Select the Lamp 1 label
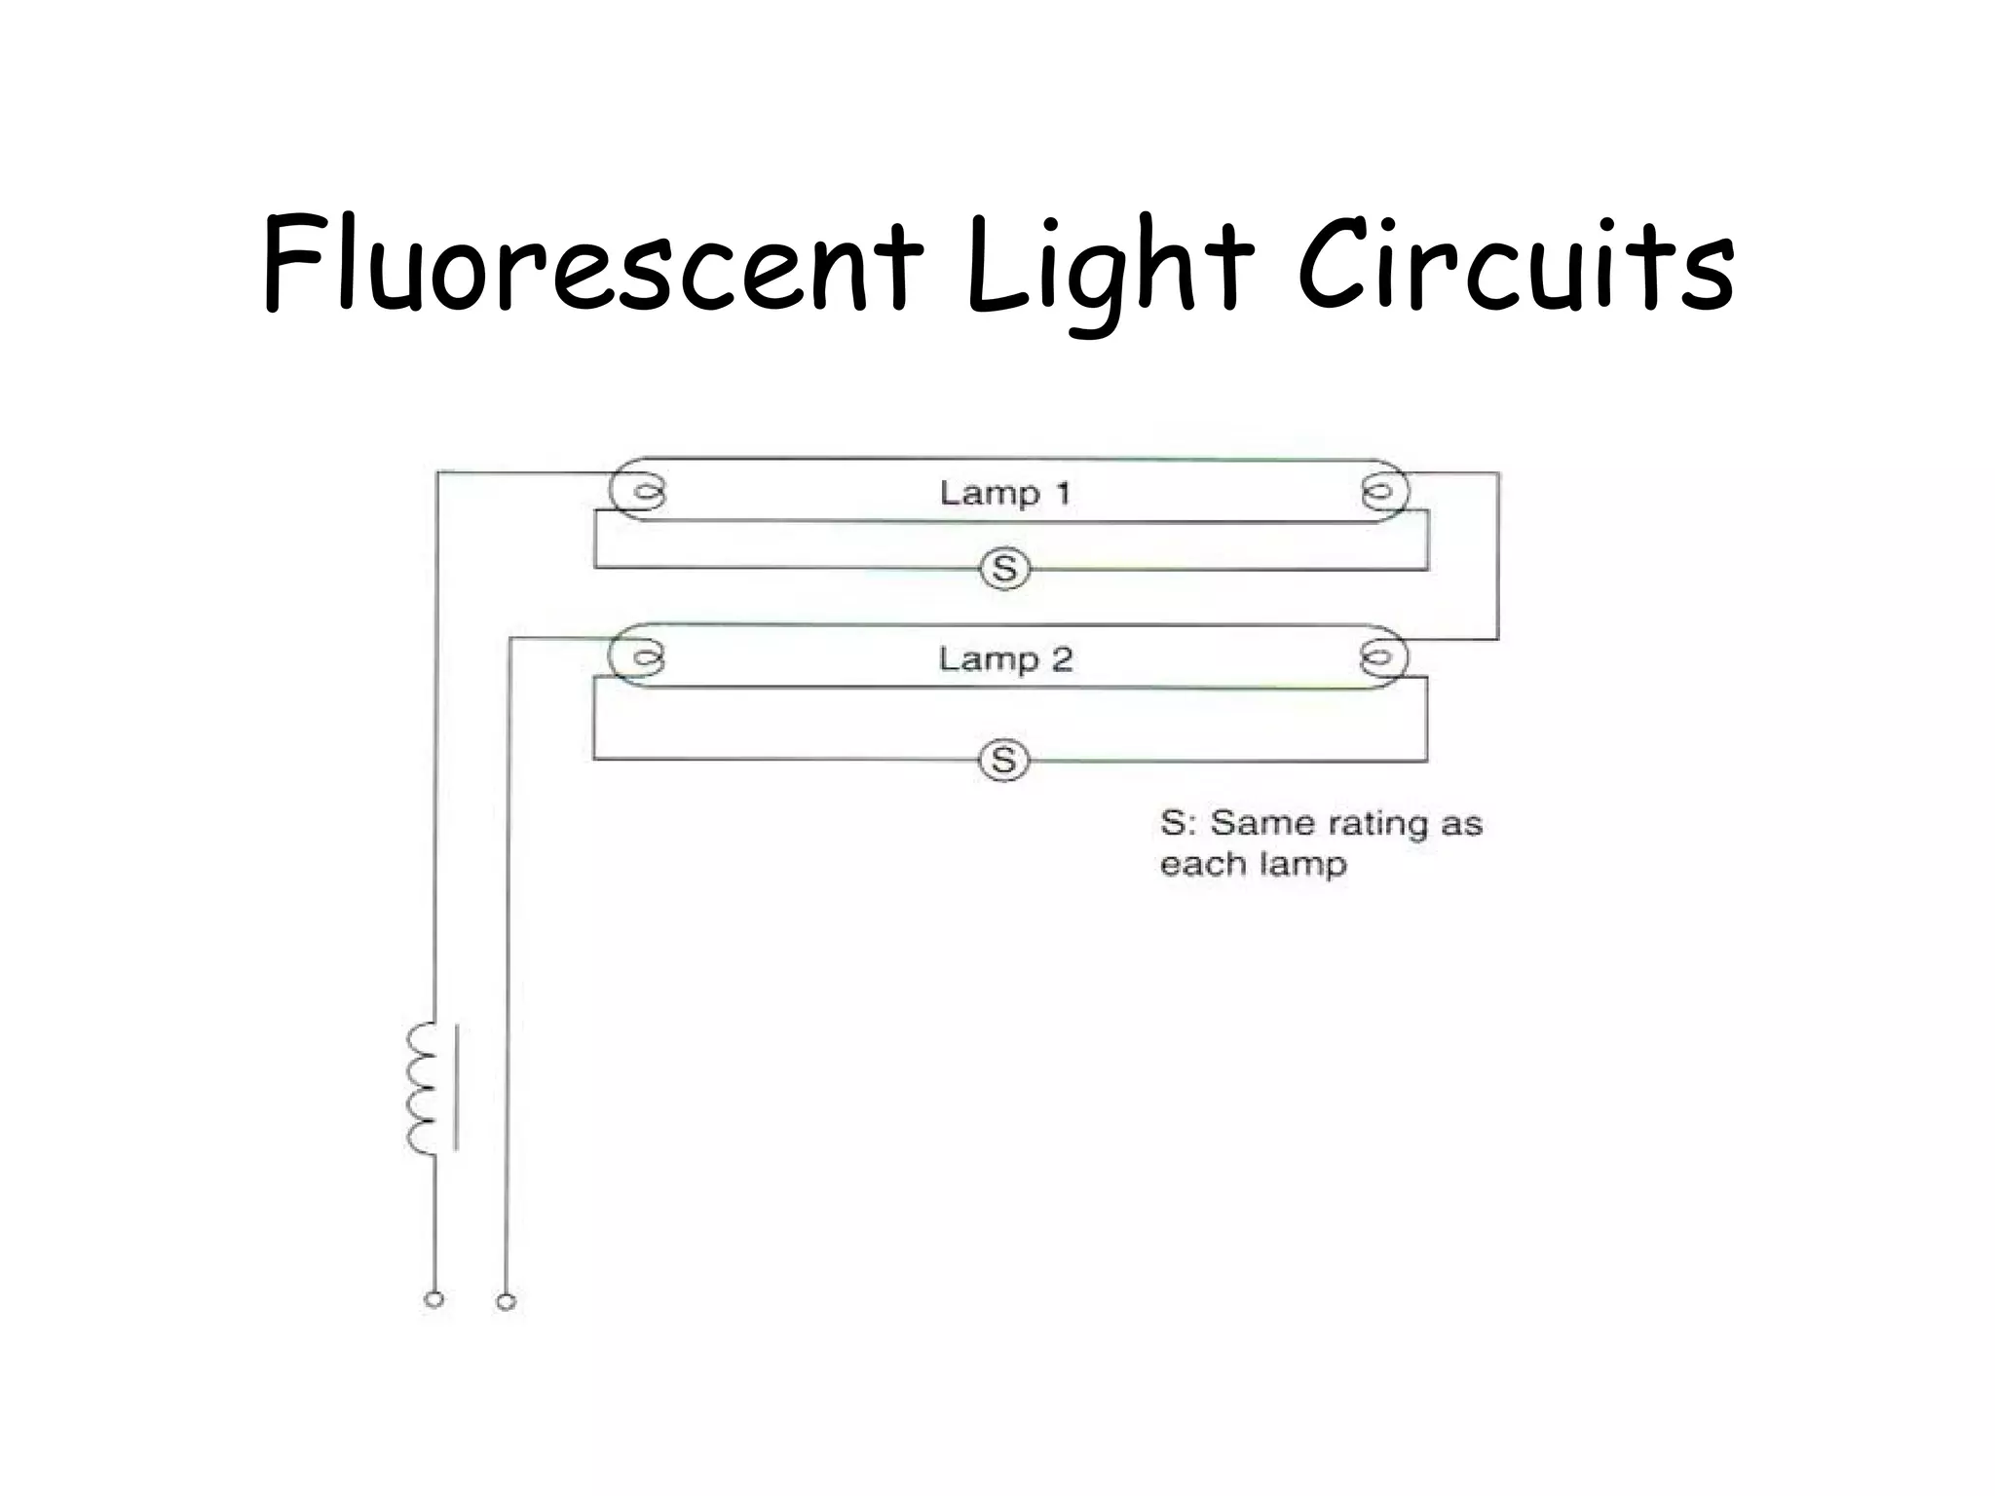pos(1005,493)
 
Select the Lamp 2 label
pos(1005,659)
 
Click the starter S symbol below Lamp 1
pos(1004,569)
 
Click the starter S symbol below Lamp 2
pos(1003,760)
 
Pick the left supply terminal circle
pos(434,1299)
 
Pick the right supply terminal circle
pos(506,1301)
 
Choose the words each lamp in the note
pos(1254,864)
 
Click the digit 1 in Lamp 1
pos(1063,493)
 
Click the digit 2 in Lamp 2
pos(1062,659)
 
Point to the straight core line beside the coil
pos(456,1087)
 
